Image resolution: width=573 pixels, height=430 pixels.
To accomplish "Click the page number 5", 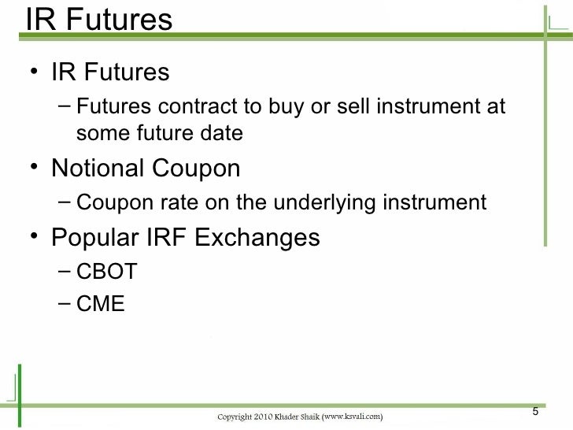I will point(535,413).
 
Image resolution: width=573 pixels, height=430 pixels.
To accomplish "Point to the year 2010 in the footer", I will point(268,415).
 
